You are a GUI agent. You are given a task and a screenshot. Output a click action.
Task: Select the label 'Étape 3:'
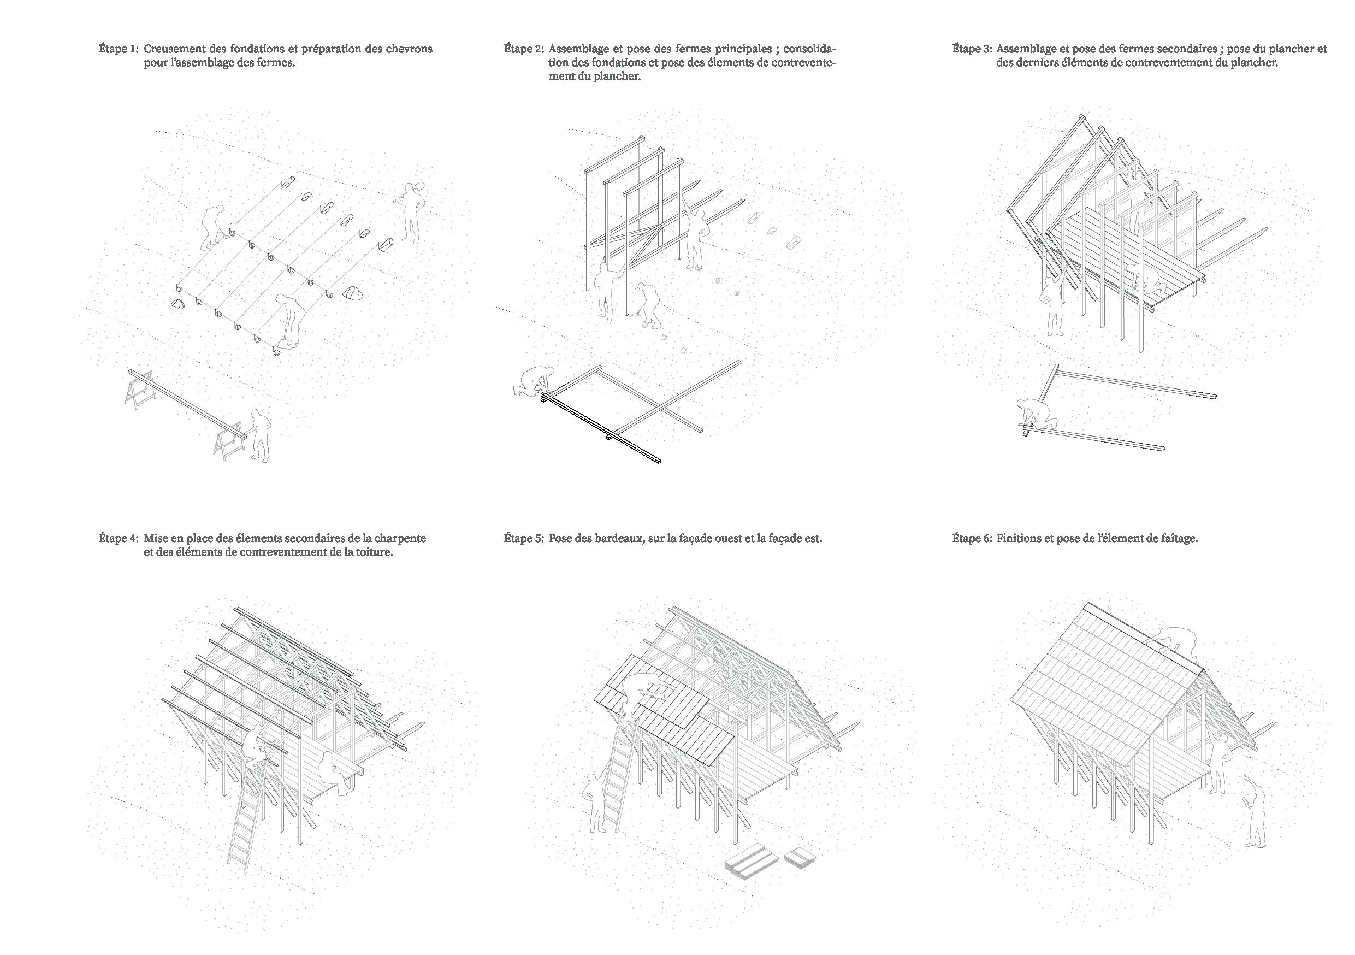tap(972, 49)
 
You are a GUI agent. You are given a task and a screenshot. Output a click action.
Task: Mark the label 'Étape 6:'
tap(972, 539)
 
